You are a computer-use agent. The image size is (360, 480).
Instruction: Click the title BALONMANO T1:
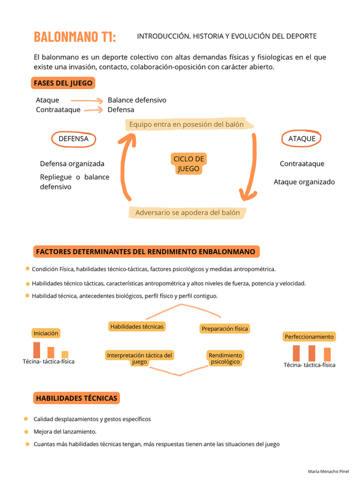75,37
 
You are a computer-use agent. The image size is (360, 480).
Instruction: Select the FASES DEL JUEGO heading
63,83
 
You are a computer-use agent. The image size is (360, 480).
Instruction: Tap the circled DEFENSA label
74,139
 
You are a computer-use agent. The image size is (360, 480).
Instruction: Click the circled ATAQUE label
302,139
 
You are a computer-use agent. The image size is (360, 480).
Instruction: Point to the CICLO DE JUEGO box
188,164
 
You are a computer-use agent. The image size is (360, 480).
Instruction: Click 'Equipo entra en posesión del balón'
186,125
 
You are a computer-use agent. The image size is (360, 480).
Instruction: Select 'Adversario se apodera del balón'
187,213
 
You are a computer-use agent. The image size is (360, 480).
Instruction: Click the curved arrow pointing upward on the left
126,167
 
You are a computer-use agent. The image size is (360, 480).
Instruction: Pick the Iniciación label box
46,333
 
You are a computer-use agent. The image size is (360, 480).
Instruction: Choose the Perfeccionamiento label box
309,337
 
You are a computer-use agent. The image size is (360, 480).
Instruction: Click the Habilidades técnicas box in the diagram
137,327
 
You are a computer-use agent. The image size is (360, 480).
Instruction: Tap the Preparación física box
225,328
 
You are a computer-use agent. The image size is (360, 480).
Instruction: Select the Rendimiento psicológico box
225,358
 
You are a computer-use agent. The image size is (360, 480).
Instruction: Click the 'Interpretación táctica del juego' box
139,358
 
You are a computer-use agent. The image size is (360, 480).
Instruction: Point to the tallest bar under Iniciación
37,350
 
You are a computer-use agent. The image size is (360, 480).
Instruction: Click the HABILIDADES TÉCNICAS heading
76,398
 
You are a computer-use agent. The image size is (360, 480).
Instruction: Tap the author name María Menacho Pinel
328,472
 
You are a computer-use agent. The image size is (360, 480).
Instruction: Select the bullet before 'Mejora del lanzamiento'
26,432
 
